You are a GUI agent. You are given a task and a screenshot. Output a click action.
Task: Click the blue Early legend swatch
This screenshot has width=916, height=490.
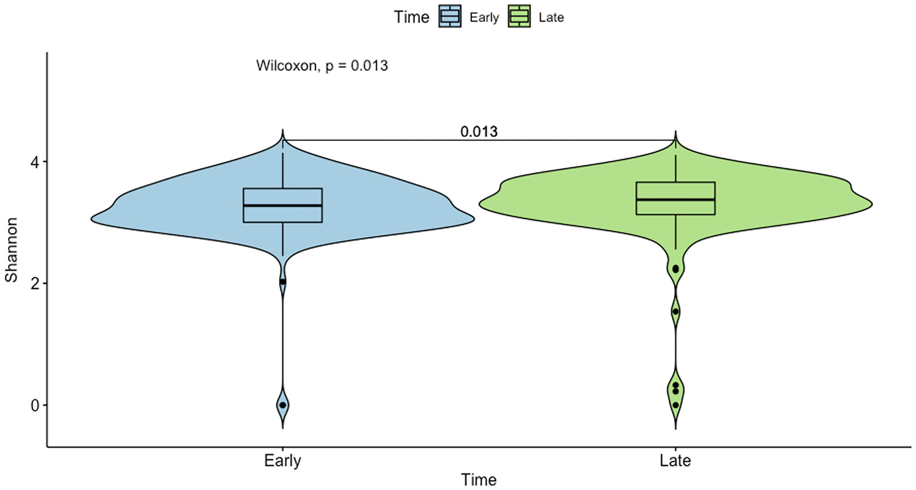(450, 17)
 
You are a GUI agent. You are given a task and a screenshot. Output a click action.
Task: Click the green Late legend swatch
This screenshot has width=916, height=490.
(520, 17)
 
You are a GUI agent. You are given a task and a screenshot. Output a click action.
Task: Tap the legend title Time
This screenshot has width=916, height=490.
(412, 17)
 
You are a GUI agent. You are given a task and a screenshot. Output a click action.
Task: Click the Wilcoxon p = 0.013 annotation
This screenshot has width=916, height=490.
(321, 66)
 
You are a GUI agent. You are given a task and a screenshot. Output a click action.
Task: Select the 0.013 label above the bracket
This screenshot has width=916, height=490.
(479, 132)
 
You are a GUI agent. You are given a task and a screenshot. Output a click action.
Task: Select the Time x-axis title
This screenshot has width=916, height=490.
(480, 479)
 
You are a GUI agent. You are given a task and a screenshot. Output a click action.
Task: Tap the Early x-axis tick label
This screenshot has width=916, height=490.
(282, 460)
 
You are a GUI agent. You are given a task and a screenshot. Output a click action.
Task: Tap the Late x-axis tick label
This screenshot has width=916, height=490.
(675, 460)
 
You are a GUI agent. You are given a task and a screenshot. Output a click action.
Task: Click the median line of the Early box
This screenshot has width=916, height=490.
(283, 205)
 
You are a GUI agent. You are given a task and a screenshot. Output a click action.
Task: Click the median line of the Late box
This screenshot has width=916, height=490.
(675, 199)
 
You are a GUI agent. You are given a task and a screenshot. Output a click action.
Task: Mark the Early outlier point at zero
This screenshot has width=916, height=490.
(283, 405)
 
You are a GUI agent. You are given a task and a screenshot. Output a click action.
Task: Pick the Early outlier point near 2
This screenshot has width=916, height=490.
(283, 281)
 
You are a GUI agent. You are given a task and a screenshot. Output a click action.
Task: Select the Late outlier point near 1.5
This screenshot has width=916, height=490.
(675, 311)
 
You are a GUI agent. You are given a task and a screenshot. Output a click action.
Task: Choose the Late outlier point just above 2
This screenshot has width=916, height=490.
(675, 268)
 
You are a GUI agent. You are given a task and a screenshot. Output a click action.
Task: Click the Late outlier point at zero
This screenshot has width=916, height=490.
(675, 405)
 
